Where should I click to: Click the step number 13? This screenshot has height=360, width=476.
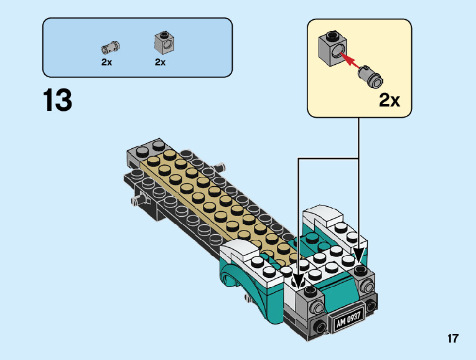click(x=57, y=100)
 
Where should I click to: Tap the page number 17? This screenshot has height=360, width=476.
click(x=453, y=338)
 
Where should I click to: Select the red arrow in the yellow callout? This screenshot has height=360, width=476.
click(x=350, y=60)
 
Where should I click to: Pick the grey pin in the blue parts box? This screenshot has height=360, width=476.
click(x=111, y=47)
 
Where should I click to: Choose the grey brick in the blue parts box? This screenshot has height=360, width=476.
click(x=164, y=43)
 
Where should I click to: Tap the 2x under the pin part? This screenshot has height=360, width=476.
click(x=106, y=62)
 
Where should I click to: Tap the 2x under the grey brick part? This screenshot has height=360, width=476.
click(x=161, y=62)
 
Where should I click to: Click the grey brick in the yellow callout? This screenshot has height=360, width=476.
click(x=332, y=49)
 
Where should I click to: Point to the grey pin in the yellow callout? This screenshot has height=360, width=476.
click(x=370, y=76)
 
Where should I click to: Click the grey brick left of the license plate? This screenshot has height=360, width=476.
click(x=311, y=303)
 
